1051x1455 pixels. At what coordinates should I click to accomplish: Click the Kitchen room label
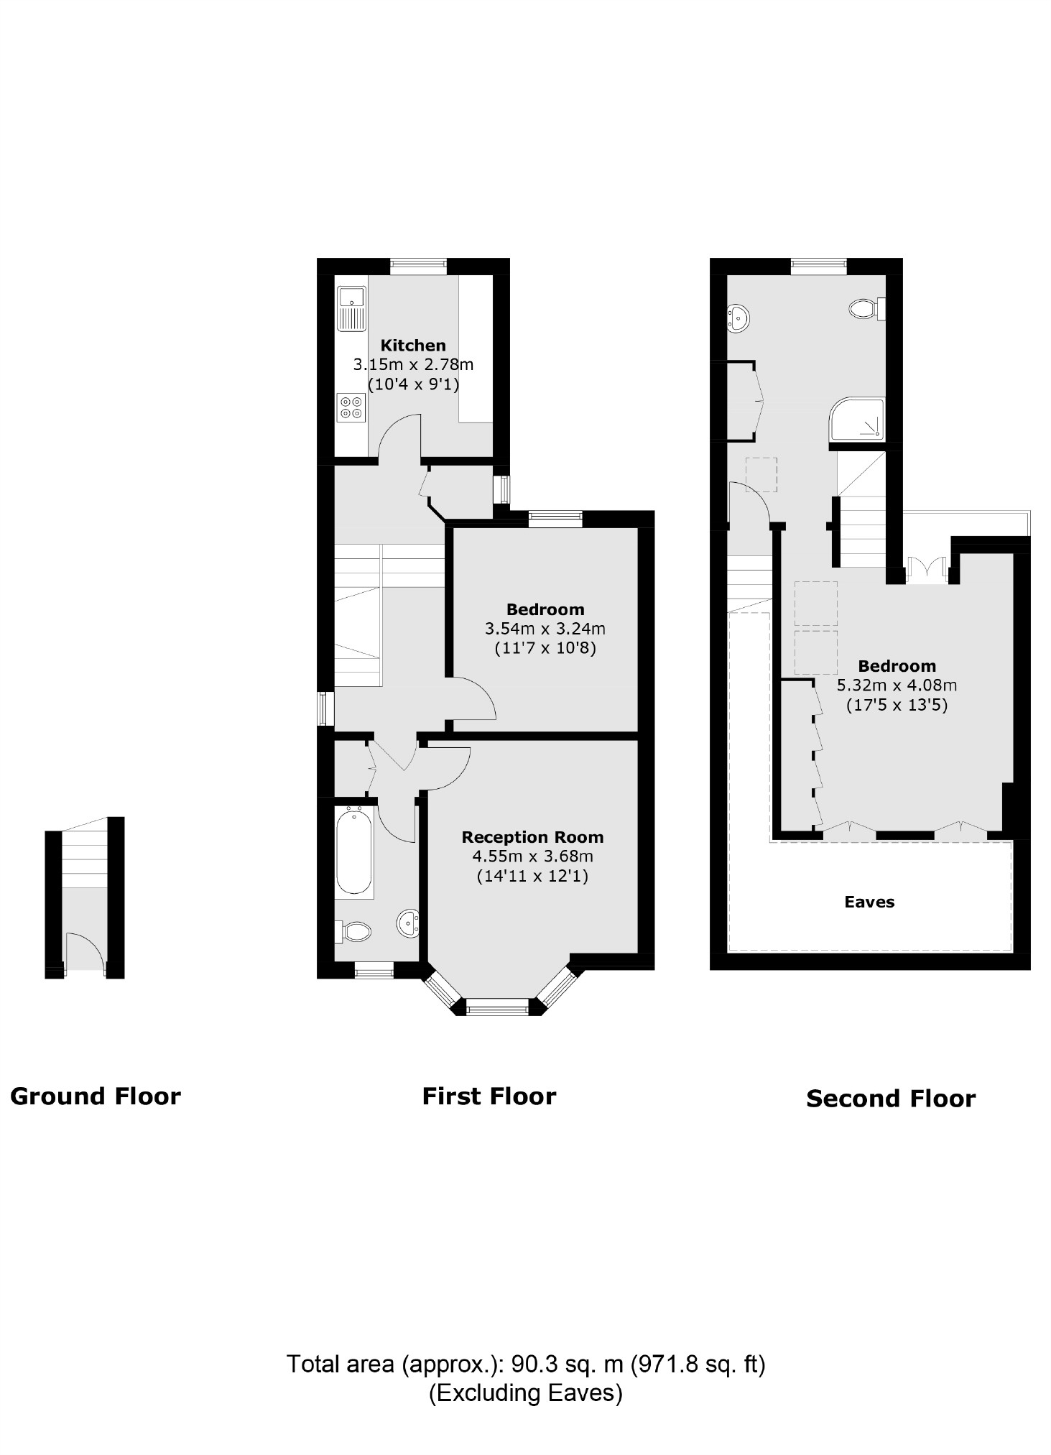(x=413, y=345)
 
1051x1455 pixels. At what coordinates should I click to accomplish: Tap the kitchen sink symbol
(x=352, y=308)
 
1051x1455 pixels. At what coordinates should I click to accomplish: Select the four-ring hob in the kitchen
(x=351, y=407)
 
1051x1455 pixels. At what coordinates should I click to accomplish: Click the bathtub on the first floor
(x=353, y=852)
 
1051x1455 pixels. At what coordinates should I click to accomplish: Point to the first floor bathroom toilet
(x=353, y=932)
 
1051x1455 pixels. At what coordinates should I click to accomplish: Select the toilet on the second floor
(x=865, y=310)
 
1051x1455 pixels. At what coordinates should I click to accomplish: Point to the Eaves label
(x=869, y=902)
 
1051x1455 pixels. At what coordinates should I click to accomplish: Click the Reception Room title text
(x=532, y=837)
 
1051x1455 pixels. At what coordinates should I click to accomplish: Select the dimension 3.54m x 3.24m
(x=545, y=629)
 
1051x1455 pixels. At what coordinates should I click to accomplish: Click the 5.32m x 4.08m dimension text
(x=897, y=685)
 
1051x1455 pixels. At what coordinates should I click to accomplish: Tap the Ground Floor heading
(x=96, y=1096)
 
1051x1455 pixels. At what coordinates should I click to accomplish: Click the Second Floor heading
(x=891, y=1099)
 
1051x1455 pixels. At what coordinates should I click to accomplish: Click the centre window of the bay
(x=498, y=1007)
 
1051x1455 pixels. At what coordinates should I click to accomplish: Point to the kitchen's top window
(x=418, y=266)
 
